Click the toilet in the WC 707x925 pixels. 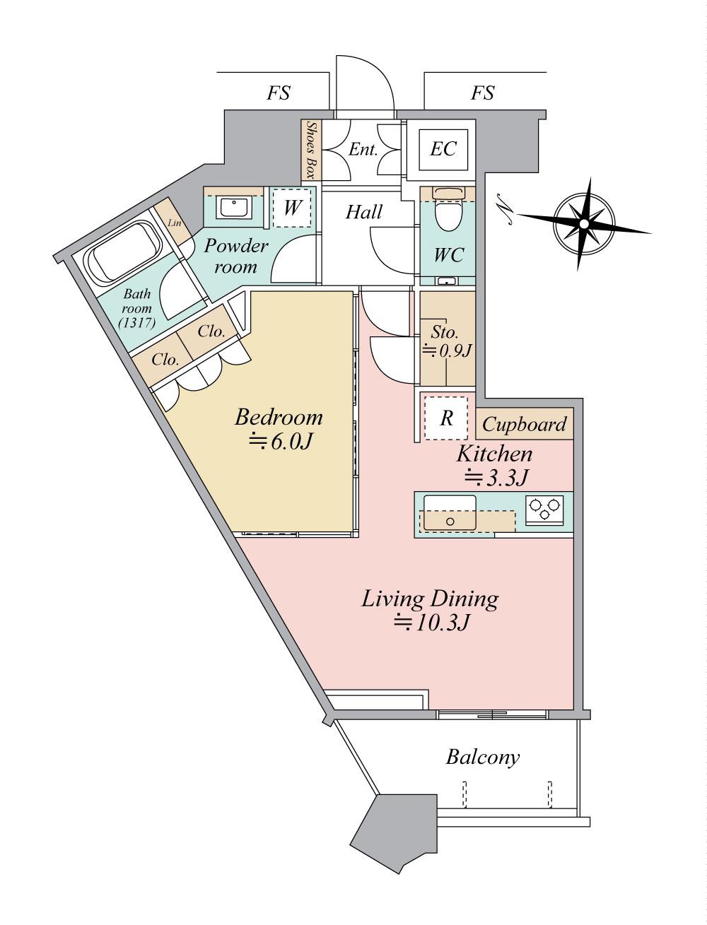(448, 208)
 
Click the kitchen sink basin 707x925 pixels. (450, 512)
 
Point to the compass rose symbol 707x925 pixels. (584, 223)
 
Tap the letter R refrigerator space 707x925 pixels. (446, 418)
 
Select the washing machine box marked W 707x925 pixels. (292, 207)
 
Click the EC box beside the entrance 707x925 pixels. (443, 149)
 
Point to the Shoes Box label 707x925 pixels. (312, 151)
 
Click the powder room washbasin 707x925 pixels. (235, 207)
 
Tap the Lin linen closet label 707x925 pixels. (174, 223)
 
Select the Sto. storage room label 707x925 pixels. (445, 333)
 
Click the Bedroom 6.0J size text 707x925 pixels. (281, 441)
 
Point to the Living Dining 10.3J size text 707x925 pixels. (431, 623)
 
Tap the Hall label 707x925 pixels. (364, 211)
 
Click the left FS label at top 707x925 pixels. (279, 93)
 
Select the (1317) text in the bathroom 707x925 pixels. (137, 322)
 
